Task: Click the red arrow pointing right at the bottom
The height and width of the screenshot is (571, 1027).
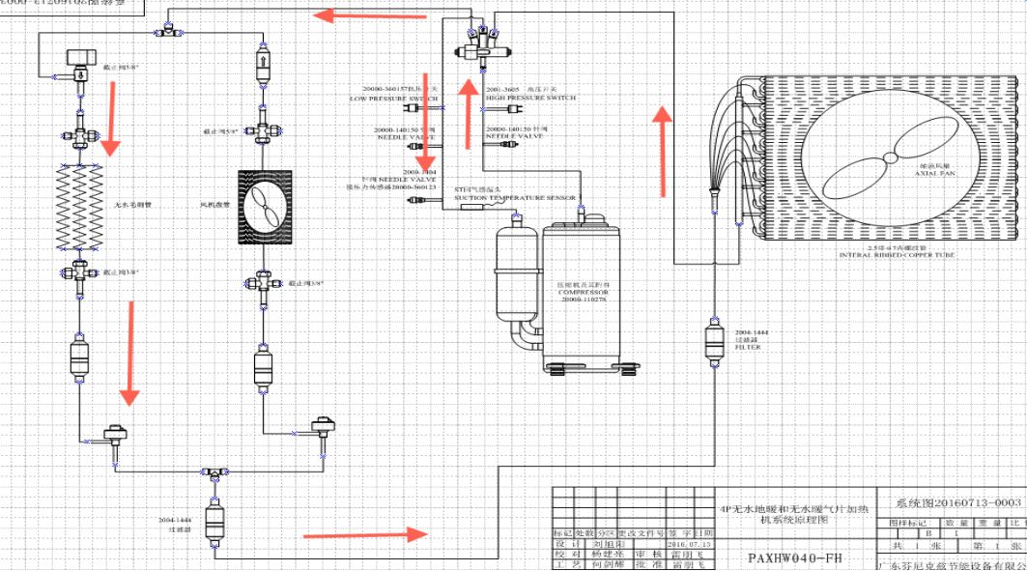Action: (366, 533)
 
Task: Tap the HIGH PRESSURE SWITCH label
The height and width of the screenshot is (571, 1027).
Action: (530, 98)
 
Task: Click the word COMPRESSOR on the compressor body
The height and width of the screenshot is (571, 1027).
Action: (581, 293)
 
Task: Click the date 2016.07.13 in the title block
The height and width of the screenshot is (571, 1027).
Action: (694, 544)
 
